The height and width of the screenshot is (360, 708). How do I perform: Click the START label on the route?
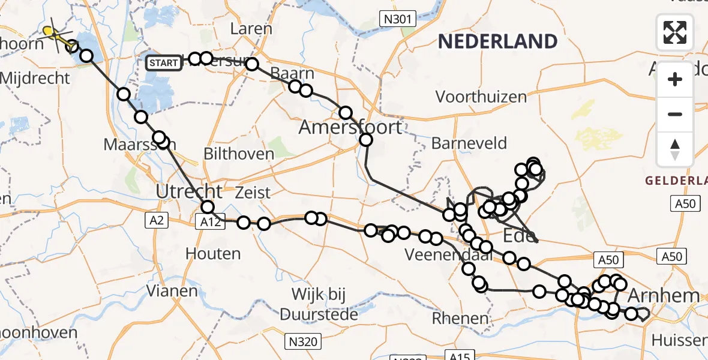(163, 62)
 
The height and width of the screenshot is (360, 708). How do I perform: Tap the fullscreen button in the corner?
(675, 32)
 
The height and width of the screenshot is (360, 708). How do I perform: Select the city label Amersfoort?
(350, 127)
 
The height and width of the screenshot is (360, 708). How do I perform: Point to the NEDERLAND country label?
(497, 41)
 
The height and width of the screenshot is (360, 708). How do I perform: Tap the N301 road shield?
(398, 19)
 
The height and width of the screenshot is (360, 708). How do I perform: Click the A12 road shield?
(209, 222)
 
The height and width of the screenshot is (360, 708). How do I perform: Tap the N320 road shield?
(303, 341)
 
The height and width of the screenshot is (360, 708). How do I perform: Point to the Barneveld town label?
(469, 143)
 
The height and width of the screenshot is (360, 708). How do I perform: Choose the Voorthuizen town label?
(481, 97)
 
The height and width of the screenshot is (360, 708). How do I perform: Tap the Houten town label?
(213, 253)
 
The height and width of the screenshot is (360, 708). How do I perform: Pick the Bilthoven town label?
(239, 154)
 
